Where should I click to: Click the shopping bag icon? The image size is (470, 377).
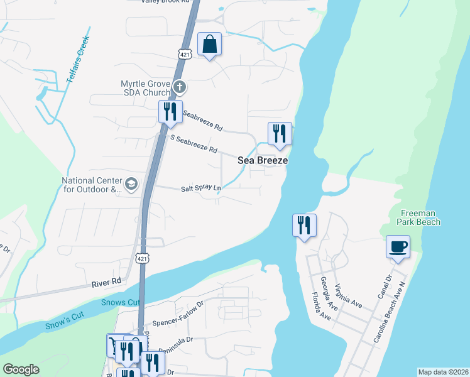pyautogui.click(x=210, y=45)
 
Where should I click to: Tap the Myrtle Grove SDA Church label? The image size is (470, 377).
pyautogui.click(x=146, y=89)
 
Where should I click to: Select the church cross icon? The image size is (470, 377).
pyautogui.click(x=179, y=86)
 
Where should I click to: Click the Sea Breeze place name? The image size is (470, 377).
pyautogui.click(x=263, y=160)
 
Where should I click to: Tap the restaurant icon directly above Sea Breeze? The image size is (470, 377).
pyautogui.click(x=280, y=134)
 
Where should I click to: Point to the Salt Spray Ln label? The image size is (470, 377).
pyautogui.click(x=202, y=188)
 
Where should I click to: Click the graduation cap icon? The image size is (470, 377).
pyautogui.click(x=131, y=183)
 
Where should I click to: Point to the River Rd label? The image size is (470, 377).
pyautogui.click(x=106, y=283)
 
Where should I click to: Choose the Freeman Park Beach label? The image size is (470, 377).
pyautogui.click(x=418, y=217)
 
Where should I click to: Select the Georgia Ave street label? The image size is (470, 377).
pyautogui.click(x=329, y=294)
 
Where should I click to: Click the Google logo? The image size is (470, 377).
pyautogui.click(x=21, y=369)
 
